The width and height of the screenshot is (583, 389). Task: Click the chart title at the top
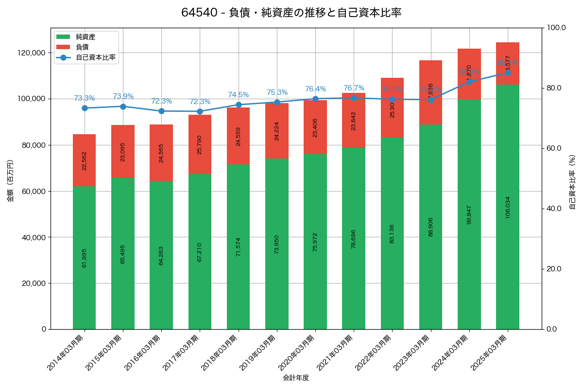click(x=291, y=13)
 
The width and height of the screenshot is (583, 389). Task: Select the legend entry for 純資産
click(x=86, y=37)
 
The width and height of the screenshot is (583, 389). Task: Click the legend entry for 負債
click(x=82, y=47)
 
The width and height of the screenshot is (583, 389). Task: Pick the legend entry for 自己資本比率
click(x=95, y=57)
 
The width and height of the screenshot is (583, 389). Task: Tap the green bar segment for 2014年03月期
click(x=84, y=258)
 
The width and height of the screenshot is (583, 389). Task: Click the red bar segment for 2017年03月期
click(x=200, y=144)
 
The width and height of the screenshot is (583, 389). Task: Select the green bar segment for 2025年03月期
click(x=507, y=207)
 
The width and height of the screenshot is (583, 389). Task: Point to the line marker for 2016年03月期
click(x=161, y=111)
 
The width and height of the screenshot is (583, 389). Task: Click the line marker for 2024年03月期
click(x=469, y=82)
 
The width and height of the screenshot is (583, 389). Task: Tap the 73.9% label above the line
click(x=123, y=96)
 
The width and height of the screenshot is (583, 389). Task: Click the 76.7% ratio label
click(x=354, y=88)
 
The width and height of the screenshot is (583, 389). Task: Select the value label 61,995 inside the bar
click(x=85, y=258)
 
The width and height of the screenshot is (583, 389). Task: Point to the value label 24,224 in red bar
click(x=277, y=131)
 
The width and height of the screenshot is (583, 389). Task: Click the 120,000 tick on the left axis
click(x=32, y=53)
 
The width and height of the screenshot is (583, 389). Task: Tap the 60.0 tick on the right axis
click(x=554, y=148)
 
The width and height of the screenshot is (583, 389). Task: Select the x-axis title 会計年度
click(x=296, y=377)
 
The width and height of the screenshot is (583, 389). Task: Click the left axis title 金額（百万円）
click(x=10, y=180)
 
